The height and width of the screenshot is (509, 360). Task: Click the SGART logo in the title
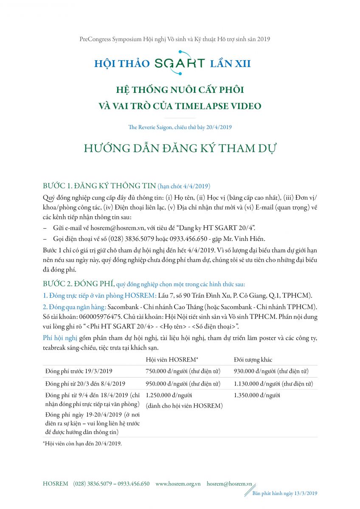180,63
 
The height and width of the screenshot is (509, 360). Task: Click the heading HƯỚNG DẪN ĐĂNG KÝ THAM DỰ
180,149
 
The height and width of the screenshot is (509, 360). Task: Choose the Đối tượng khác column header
253,359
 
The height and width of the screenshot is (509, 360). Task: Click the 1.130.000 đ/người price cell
273,384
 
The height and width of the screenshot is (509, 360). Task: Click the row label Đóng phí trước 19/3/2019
79,371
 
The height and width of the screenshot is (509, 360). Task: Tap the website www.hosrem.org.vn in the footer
178,484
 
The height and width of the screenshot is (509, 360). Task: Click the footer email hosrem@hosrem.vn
229,484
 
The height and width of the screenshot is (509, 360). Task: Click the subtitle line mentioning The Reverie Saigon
180,127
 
